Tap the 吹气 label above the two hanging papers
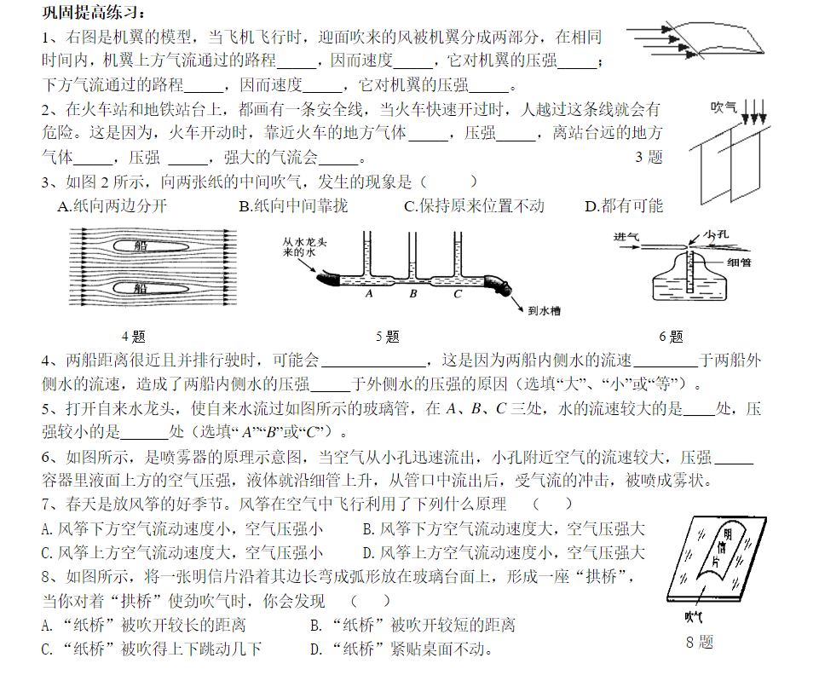(x=724, y=107)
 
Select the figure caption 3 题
(x=649, y=157)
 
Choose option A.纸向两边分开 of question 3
(x=112, y=205)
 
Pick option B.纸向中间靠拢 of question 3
(x=293, y=205)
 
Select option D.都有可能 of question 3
(x=623, y=205)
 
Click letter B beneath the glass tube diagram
(x=412, y=294)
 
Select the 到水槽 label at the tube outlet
(x=545, y=312)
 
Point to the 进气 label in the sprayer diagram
(x=626, y=237)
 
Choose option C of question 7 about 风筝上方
(x=182, y=551)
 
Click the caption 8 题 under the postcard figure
(x=699, y=642)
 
